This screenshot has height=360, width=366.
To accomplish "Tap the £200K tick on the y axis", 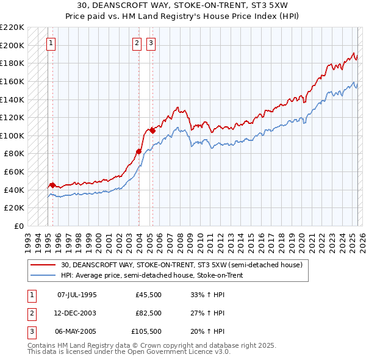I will (12, 45).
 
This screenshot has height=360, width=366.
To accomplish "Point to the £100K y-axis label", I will (12, 135).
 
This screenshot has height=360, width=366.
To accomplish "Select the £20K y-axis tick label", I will (14, 208).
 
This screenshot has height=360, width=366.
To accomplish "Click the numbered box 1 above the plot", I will (50, 43).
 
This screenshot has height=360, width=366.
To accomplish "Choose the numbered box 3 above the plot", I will (150, 43).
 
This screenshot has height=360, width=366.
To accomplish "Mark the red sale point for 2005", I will (152, 130).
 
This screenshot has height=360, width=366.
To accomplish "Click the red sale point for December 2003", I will (138, 151).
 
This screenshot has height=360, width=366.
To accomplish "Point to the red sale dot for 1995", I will (52, 184).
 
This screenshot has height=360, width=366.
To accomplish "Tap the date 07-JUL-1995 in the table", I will (77, 294).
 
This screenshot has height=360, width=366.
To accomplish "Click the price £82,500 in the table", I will (148, 314).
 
